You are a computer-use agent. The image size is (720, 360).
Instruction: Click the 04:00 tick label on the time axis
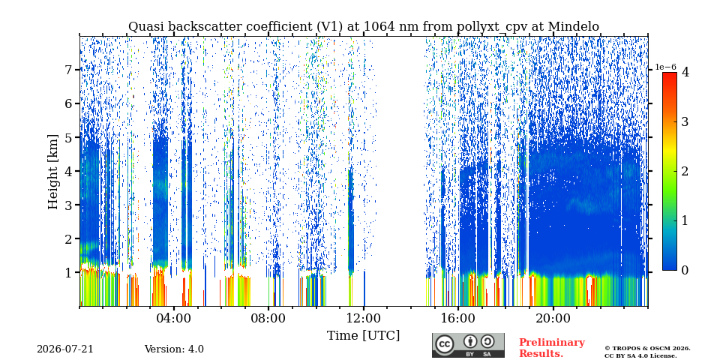point(175,318)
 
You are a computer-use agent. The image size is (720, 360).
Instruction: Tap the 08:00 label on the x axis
point(269,318)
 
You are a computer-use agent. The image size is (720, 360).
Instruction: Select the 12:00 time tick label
point(364,318)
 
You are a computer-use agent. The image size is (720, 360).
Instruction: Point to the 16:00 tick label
point(458,318)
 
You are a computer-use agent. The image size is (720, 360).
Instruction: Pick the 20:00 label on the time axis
point(553,318)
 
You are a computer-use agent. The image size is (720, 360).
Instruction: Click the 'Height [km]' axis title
point(53,172)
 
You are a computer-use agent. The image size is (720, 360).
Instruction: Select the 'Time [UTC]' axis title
point(363,336)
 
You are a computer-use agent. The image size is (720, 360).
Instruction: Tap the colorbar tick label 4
point(685,73)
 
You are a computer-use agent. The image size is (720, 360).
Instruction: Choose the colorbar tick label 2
point(685,171)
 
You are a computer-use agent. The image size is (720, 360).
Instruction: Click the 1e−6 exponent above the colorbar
point(665,67)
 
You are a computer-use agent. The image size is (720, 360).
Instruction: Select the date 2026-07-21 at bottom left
point(65,349)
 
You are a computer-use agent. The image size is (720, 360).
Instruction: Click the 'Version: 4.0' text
point(174,349)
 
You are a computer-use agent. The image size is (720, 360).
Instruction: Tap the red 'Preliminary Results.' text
point(552,347)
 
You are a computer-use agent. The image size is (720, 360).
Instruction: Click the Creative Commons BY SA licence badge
point(468,345)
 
